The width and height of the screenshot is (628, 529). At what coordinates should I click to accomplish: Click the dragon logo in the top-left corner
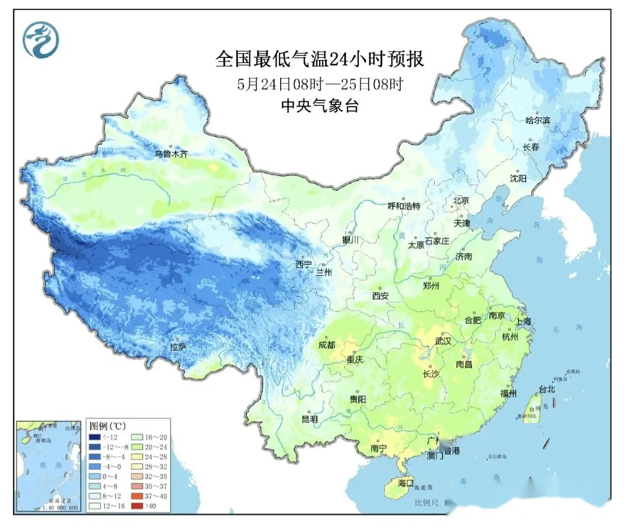[40, 40]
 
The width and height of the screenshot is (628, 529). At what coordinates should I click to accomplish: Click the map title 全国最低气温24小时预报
[319, 59]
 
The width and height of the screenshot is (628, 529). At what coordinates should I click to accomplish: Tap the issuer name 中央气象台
[319, 106]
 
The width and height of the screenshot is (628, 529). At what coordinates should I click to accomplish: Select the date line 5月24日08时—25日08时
[319, 84]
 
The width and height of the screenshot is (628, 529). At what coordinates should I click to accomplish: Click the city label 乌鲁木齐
[173, 154]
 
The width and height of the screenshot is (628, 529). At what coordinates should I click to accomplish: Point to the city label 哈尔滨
[538, 120]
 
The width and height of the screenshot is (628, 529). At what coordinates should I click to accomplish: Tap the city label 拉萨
[178, 347]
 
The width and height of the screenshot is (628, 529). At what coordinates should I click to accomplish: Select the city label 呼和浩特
[404, 206]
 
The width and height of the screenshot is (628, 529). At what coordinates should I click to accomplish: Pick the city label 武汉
[443, 341]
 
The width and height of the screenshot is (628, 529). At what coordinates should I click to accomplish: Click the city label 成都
[327, 345]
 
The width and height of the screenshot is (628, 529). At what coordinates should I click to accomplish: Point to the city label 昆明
[310, 419]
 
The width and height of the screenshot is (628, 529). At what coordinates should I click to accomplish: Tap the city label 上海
[523, 321]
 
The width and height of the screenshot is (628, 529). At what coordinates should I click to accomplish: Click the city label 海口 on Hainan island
[406, 483]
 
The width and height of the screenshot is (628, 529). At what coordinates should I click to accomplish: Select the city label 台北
[546, 389]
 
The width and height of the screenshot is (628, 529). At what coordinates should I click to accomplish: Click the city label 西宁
[303, 264]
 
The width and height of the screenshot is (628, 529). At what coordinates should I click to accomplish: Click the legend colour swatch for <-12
[96, 437]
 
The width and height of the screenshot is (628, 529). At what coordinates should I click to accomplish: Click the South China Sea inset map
[49, 465]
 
